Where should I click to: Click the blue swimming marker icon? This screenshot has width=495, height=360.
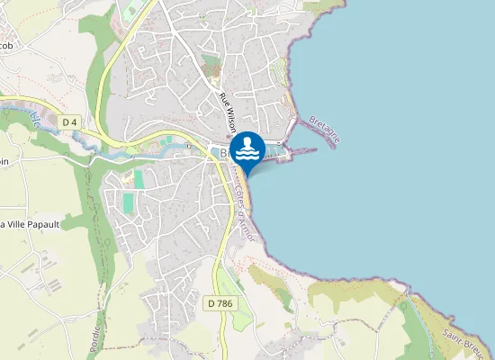(247, 148)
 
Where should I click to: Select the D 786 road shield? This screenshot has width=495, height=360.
(218, 303)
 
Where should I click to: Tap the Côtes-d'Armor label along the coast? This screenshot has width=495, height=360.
(245, 214)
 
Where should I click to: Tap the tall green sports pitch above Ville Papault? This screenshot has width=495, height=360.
(128, 202)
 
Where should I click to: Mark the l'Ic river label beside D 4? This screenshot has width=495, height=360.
(34, 117)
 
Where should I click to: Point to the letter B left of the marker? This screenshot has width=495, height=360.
(224, 154)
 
